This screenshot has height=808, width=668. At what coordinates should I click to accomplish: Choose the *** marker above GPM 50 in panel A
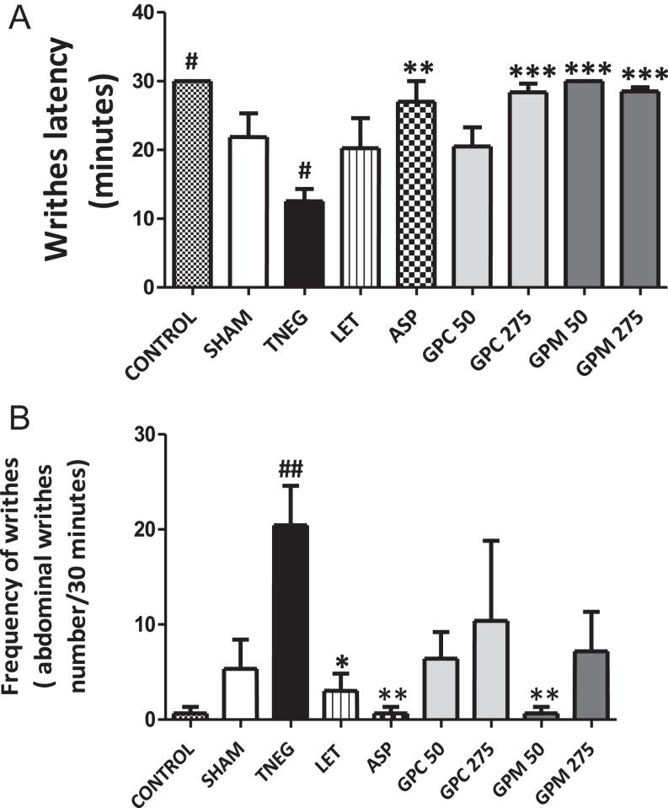pos(570,68)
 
